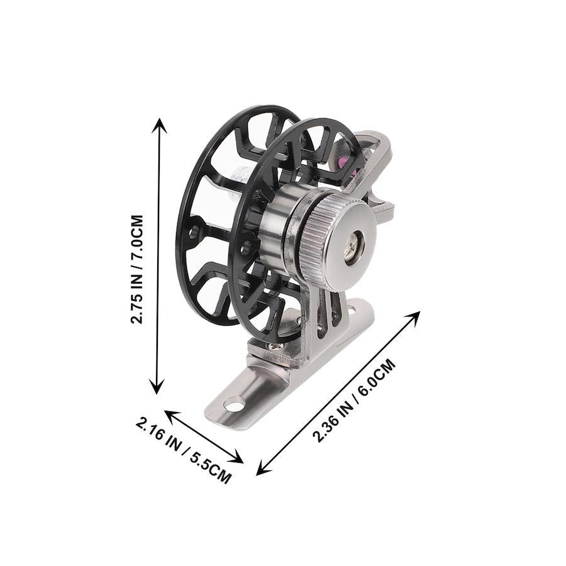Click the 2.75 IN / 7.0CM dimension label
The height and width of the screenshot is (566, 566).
click(138, 269)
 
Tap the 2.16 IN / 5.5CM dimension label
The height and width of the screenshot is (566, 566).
click(184, 450)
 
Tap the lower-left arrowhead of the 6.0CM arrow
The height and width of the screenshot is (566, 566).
click(262, 467)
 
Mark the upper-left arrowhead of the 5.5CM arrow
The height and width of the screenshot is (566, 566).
click(172, 416)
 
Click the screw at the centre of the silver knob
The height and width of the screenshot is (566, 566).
click(353, 245)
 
